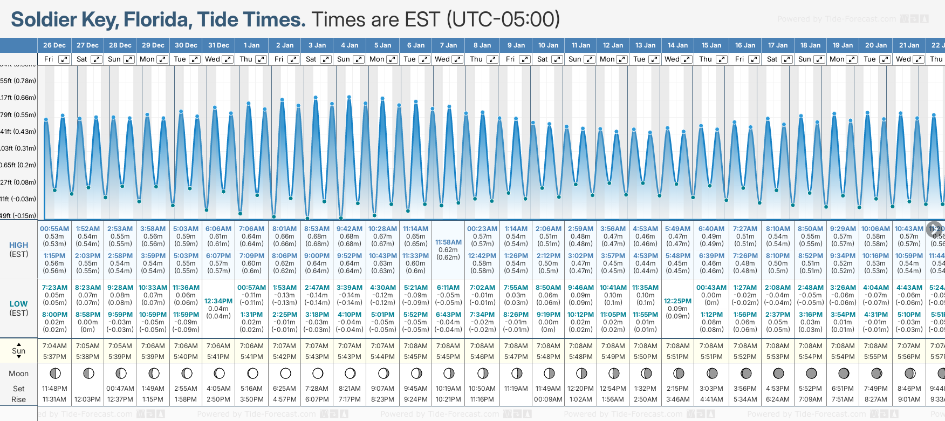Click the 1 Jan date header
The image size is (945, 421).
[251, 45]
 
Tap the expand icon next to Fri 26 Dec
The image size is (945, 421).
[64, 59]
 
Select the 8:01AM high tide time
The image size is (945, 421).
[284, 229]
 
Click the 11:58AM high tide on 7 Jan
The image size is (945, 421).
[448, 242]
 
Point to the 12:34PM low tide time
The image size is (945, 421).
[218, 301]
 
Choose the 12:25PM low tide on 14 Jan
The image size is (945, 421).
[677, 301]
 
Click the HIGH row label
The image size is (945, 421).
[19, 245]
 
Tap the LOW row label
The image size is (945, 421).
[19, 304]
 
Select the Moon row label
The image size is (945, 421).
[19, 374]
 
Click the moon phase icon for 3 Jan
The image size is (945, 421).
[318, 373]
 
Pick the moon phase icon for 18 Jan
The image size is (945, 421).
[811, 373]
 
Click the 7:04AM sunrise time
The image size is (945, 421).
[54, 346]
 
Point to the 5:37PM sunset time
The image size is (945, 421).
[54, 357]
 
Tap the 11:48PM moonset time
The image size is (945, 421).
[54, 389]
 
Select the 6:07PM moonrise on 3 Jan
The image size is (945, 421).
[317, 399]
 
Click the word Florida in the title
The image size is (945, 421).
[157, 20]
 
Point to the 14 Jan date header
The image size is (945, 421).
[677, 45]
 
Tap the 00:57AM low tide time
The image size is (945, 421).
[251, 288]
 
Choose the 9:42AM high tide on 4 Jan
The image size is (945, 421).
[350, 229]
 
